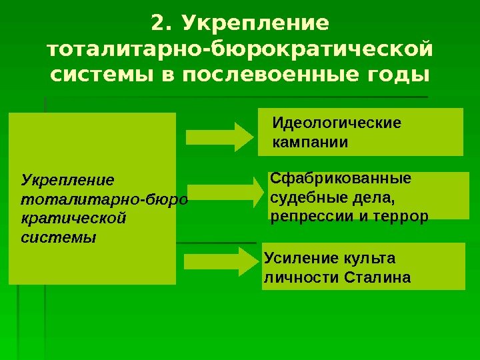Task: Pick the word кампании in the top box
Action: tap(311, 142)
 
